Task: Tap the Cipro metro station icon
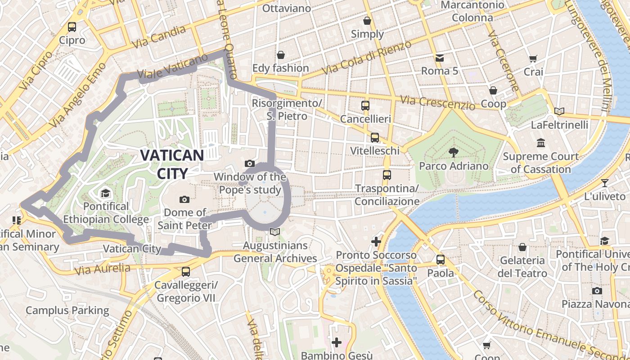tap(72, 27)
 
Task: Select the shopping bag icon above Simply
tap(367, 21)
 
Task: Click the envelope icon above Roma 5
tap(439, 58)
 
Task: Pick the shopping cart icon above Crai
tap(533, 58)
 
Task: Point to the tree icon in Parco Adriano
tap(453, 153)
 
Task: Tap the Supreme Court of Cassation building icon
tap(541, 143)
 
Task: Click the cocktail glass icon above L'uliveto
tap(604, 183)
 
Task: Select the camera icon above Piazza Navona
tap(597, 291)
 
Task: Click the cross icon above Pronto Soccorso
tap(376, 242)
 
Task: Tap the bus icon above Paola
tap(441, 260)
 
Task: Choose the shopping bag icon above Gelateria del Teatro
tap(522, 247)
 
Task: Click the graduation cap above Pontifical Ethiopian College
tap(105, 193)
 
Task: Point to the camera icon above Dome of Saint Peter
tap(184, 199)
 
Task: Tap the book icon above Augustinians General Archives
tap(275, 232)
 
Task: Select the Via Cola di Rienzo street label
tap(367, 58)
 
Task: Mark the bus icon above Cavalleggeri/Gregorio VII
tap(185, 272)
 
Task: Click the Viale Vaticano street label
tap(173, 68)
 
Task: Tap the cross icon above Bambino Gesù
tap(336, 342)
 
